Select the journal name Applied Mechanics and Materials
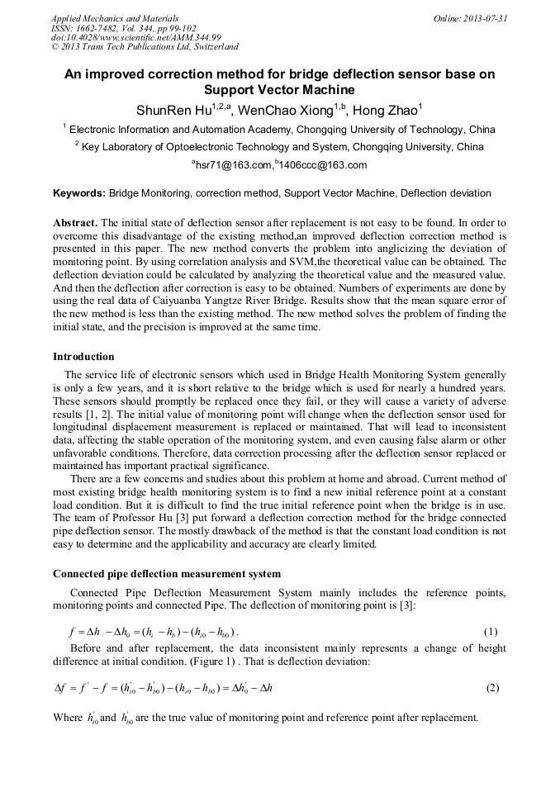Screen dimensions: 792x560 coord(115,17)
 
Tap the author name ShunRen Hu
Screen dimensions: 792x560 coord(173,111)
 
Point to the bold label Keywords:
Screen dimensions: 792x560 coord(79,194)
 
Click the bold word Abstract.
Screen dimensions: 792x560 coord(75,224)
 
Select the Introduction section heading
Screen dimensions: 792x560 coord(83,357)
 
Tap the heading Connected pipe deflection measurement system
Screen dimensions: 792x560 coord(166,574)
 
